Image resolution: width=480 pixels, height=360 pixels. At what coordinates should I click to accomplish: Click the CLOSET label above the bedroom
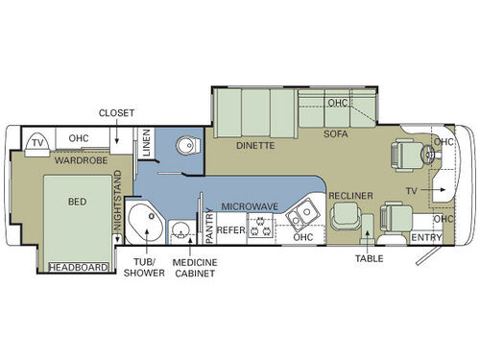click(116, 112)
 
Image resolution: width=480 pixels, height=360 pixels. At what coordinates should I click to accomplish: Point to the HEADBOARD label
click(76, 267)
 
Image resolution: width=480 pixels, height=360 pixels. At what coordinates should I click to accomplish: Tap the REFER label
click(230, 230)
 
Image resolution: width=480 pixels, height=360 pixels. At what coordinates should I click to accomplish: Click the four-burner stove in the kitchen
click(261, 228)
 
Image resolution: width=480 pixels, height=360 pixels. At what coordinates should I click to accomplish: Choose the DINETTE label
click(255, 146)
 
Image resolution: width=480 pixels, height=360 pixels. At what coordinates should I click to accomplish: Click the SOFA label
click(335, 134)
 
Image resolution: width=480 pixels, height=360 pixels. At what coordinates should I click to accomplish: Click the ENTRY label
click(427, 237)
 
